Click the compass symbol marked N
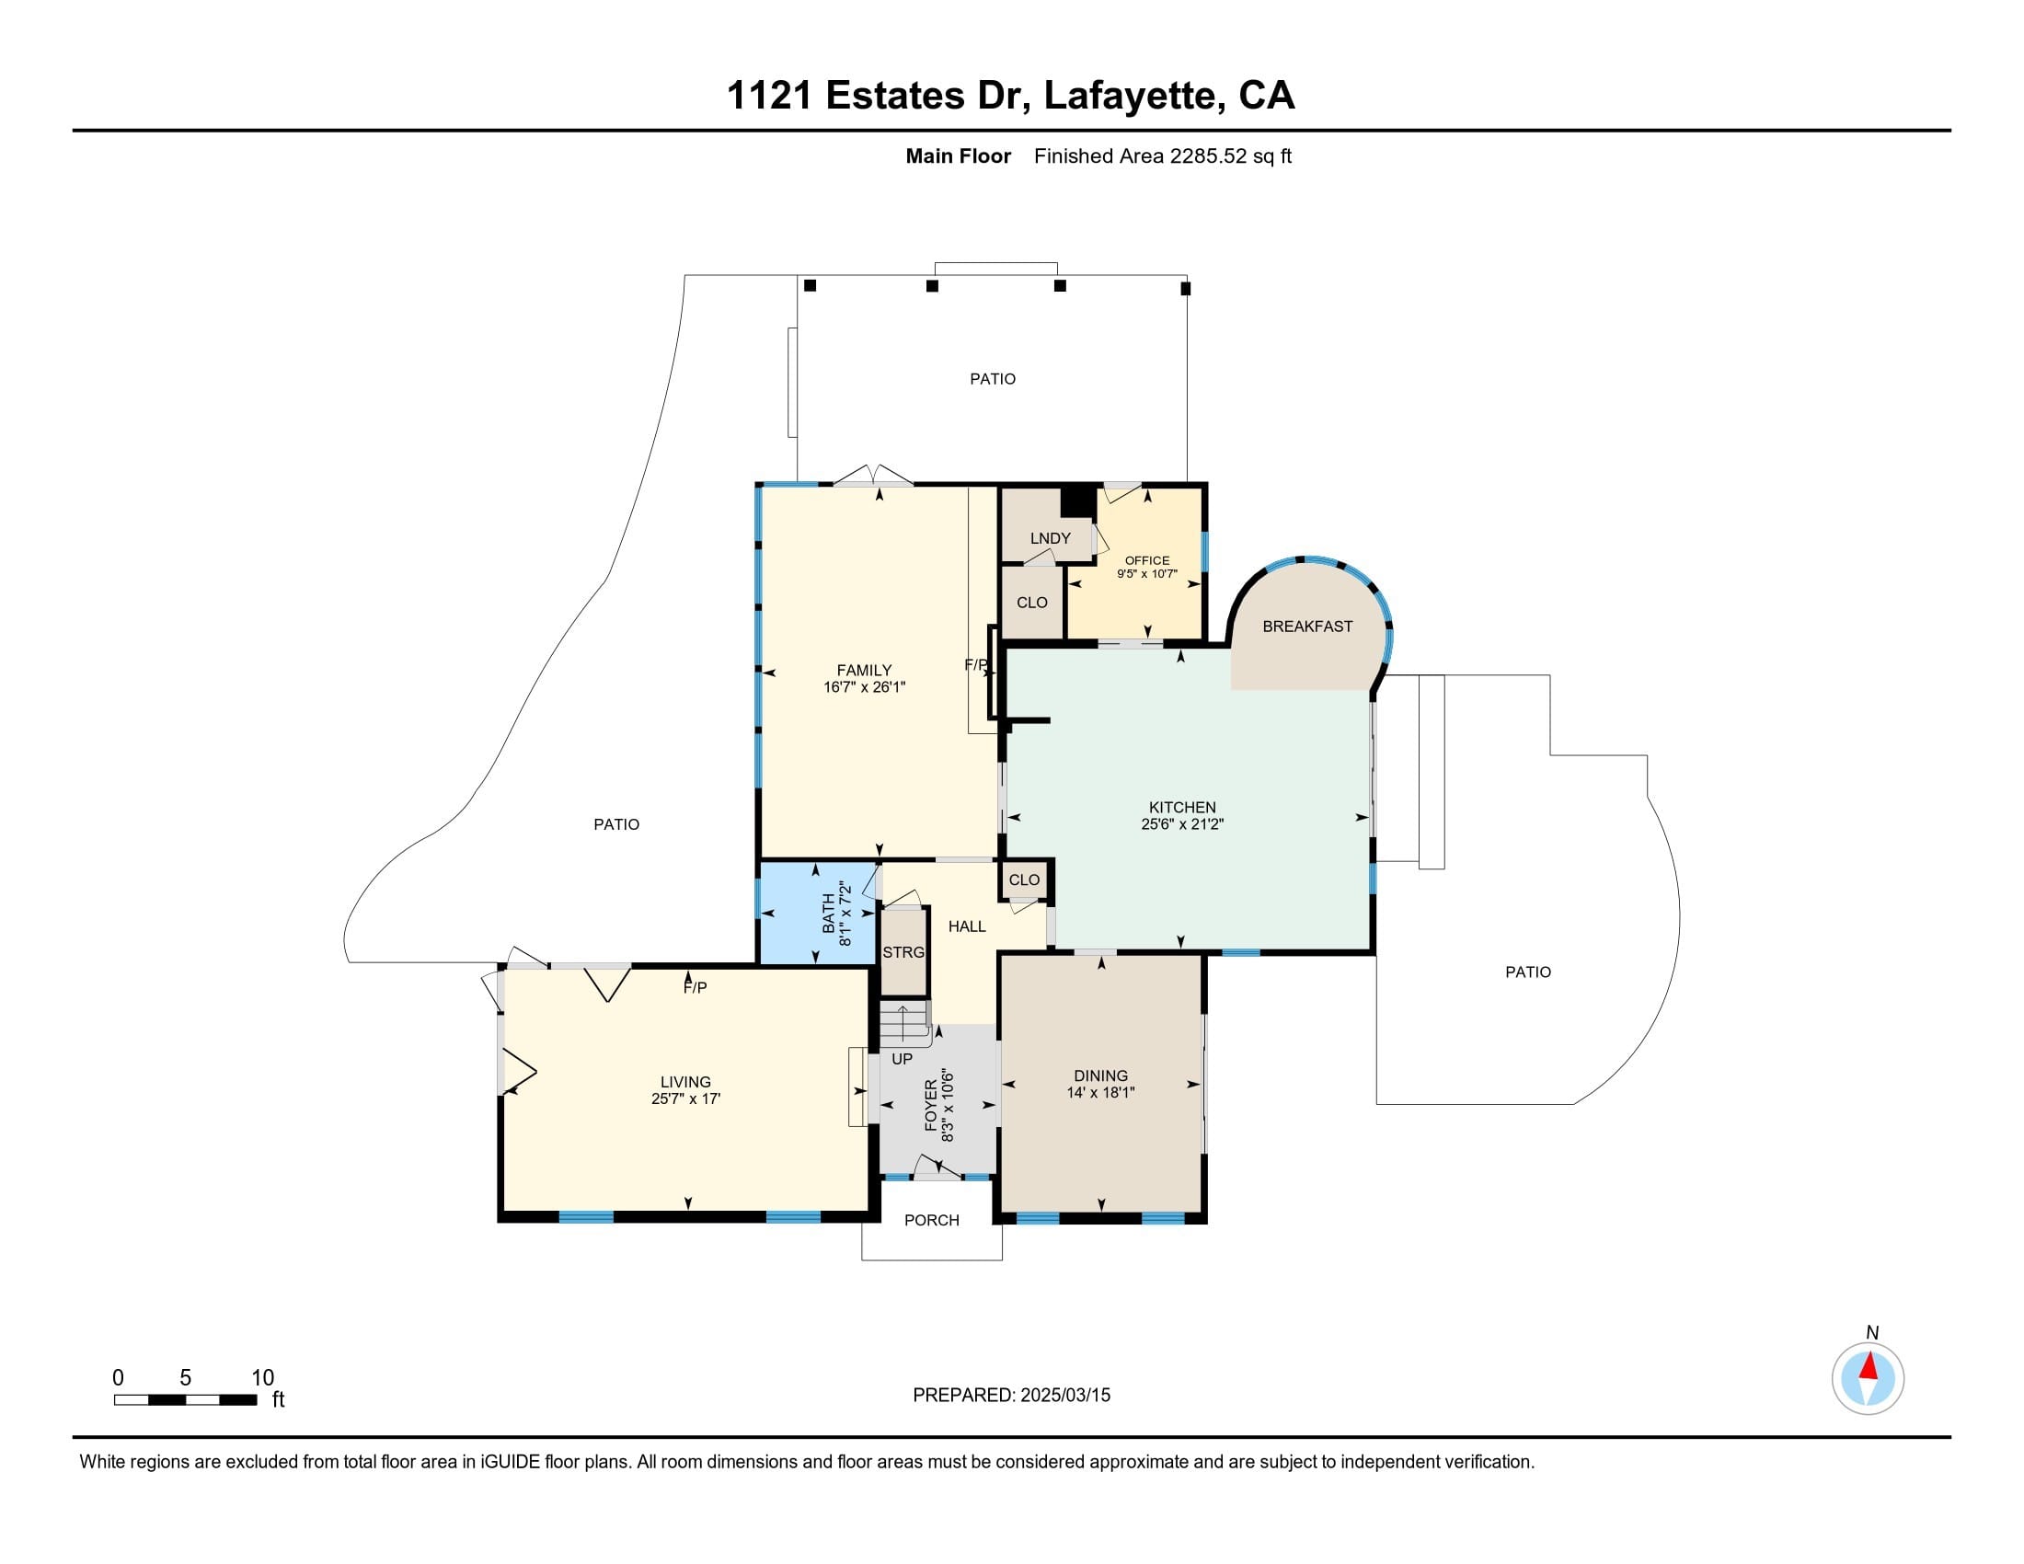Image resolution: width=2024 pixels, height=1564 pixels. point(1868,1378)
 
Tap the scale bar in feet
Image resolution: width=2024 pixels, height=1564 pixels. point(185,1399)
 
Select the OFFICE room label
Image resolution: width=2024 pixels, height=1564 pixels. point(1147,560)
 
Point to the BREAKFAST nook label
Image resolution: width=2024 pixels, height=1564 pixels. point(1307,627)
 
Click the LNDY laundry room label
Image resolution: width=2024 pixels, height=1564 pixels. point(1050,538)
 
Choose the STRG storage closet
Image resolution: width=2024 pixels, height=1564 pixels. point(903,952)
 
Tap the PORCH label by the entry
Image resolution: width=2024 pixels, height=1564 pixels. point(932,1220)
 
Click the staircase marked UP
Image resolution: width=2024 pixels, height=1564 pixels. point(903,1025)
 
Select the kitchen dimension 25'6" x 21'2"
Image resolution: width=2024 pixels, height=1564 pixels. point(1182,823)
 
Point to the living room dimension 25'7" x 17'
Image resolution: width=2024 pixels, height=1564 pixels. point(685,1098)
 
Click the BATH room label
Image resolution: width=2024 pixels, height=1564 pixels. point(829,913)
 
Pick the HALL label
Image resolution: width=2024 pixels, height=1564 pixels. point(967,926)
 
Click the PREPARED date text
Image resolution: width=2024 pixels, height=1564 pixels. point(1011,1396)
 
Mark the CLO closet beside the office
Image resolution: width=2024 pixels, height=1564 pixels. point(1032,603)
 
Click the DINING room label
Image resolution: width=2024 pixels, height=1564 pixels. point(1101,1075)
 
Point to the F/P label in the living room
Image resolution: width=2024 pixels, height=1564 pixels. point(695,988)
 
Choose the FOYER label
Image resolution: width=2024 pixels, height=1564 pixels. point(931,1104)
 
